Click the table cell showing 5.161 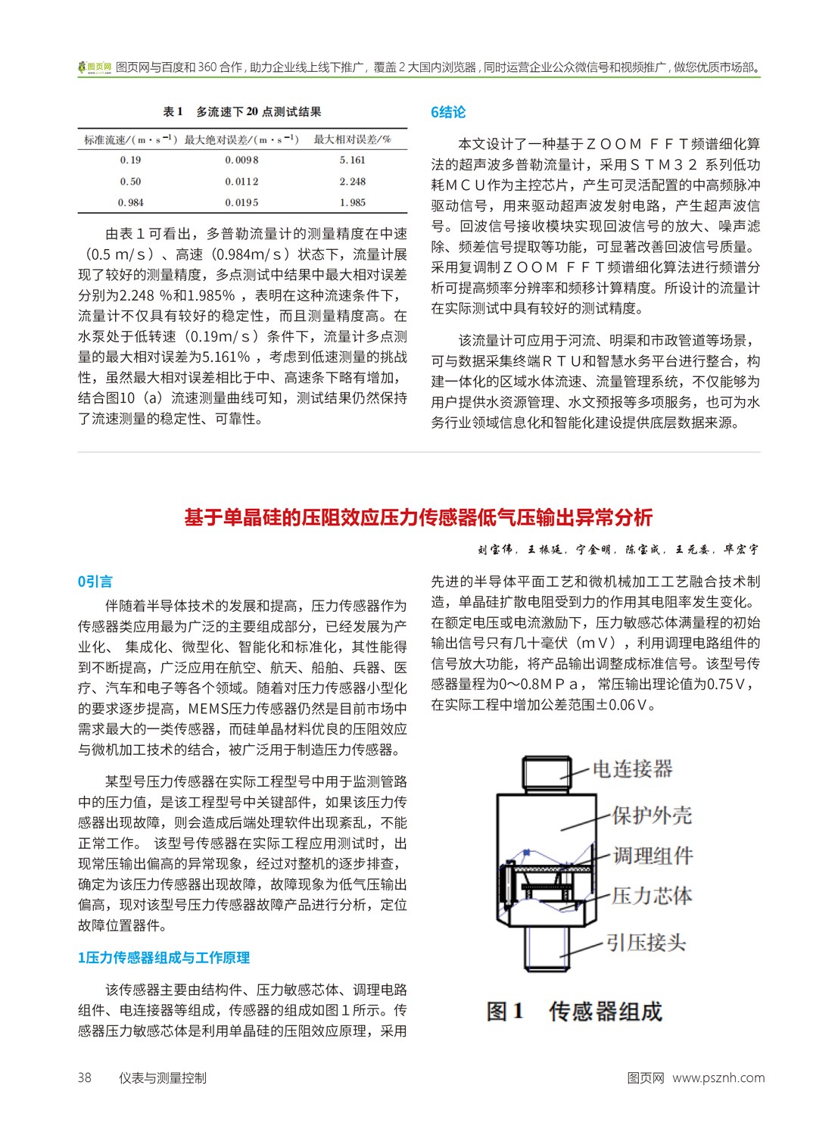(352, 161)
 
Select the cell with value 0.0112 (241, 182)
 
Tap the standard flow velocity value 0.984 (130, 203)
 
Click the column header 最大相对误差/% (352, 139)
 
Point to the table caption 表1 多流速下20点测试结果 (242, 112)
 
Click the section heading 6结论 (448, 113)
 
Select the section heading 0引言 (95, 582)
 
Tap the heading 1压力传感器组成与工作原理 (164, 958)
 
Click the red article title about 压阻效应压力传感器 (419, 518)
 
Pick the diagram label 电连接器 (632, 769)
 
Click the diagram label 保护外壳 (652, 816)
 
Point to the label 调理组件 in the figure (653, 856)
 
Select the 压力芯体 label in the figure (652, 897)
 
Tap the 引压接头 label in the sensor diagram (646, 943)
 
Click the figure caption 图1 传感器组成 (574, 1012)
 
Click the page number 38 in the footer (84, 1078)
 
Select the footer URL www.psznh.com (718, 1078)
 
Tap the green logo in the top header (95, 67)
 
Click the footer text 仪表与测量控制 (163, 1078)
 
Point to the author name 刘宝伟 (495, 550)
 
